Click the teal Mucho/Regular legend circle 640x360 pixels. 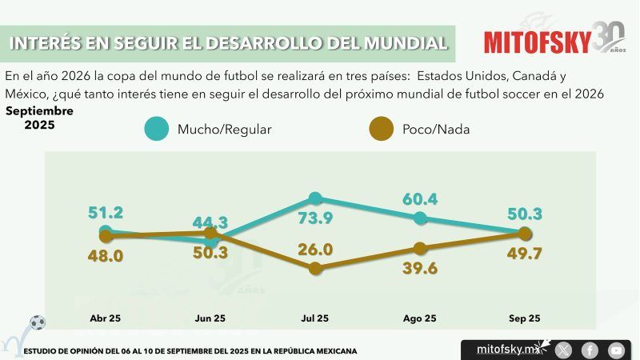point(158,129)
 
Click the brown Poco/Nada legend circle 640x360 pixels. point(383,129)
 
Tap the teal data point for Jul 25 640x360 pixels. point(315,198)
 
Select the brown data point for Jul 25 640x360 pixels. point(315,269)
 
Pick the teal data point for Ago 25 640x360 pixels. point(420,218)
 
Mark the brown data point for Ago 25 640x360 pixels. point(420,249)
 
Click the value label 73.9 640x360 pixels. point(315,220)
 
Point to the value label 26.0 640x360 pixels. point(315,250)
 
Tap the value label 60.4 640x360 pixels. point(420,198)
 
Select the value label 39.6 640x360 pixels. point(420,269)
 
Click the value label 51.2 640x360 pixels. point(106,213)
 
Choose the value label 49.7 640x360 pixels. point(525,254)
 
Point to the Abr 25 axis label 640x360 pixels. point(106,318)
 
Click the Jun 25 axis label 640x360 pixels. point(210,318)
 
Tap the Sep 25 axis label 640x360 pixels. point(525,318)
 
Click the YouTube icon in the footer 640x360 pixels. point(616,350)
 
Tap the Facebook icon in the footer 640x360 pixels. point(590,350)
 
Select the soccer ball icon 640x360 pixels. point(37,322)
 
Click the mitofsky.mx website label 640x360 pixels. point(504,349)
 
